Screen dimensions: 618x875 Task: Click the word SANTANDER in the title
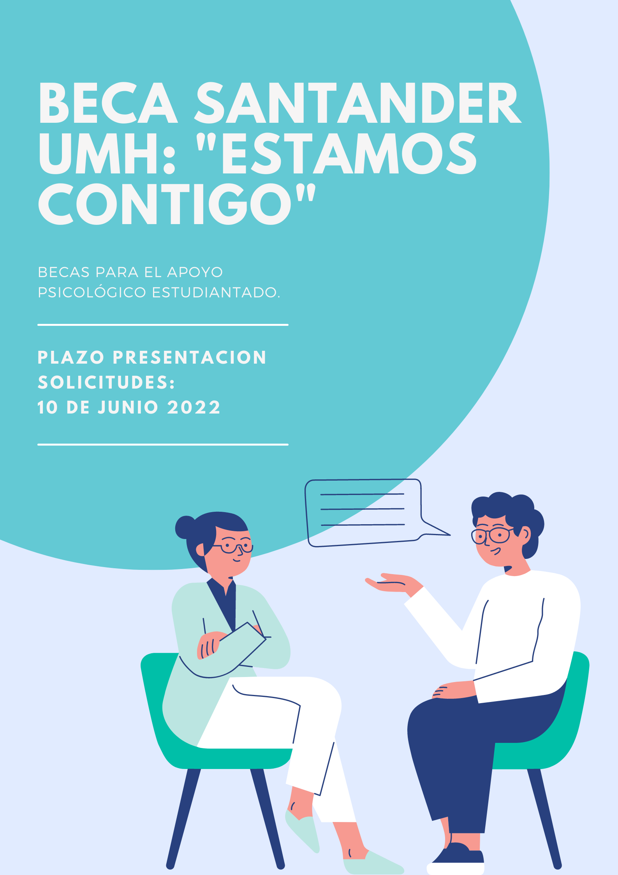click(x=358, y=103)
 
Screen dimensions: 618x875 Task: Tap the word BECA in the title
click(x=108, y=103)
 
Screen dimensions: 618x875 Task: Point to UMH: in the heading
click(x=107, y=154)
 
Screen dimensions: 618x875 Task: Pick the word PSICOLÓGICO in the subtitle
click(x=92, y=292)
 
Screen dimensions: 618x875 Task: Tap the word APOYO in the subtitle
click(x=195, y=272)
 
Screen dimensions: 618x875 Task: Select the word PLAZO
click(x=71, y=357)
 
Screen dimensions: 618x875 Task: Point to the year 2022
click(x=194, y=408)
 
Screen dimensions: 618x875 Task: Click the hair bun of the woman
click(x=185, y=527)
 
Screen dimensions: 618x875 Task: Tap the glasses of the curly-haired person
click(x=491, y=535)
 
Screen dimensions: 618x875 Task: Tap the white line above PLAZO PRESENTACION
click(x=163, y=324)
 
